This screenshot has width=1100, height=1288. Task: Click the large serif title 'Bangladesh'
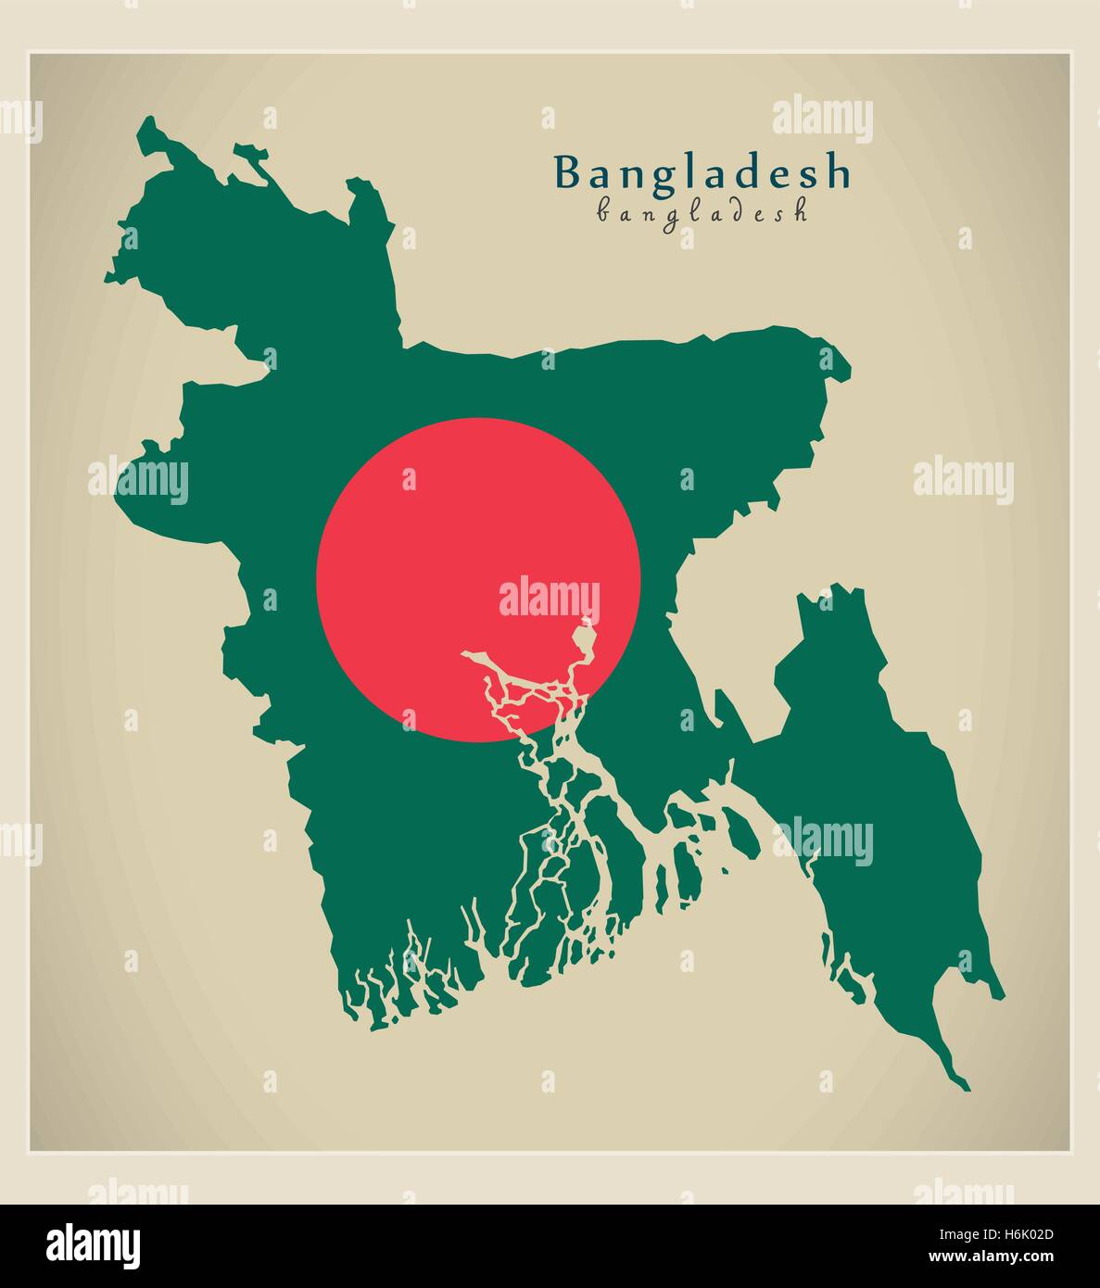tap(702, 172)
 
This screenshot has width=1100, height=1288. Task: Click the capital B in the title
tap(566, 172)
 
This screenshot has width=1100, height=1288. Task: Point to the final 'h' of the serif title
tap(838, 172)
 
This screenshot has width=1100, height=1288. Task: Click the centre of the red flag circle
tap(478, 580)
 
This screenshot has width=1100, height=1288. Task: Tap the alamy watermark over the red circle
tap(550, 598)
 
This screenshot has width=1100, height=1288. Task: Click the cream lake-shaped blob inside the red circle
tap(585, 639)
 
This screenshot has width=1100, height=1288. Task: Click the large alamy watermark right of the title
tap(822, 119)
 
